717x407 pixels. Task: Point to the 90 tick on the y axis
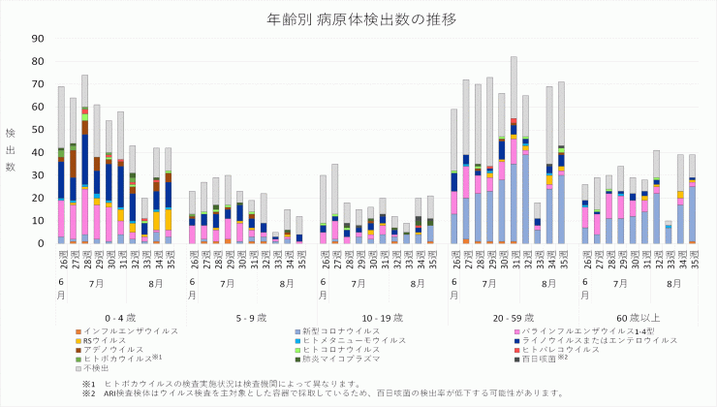point(40,39)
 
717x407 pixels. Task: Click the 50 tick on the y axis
point(40,130)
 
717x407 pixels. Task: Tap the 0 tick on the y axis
point(43,243)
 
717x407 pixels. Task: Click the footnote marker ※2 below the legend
point(88,393)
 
